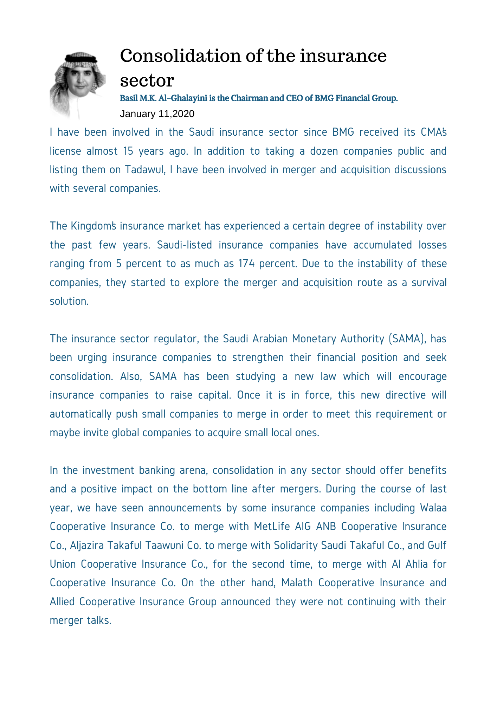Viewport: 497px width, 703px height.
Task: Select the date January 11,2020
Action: click(157, 114)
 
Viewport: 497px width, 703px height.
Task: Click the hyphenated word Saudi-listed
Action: click(185, 245)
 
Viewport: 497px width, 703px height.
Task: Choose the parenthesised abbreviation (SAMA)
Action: click(407, 339)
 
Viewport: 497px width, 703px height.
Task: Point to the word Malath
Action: click(297, 583)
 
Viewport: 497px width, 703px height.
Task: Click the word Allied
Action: click(62, 602)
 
